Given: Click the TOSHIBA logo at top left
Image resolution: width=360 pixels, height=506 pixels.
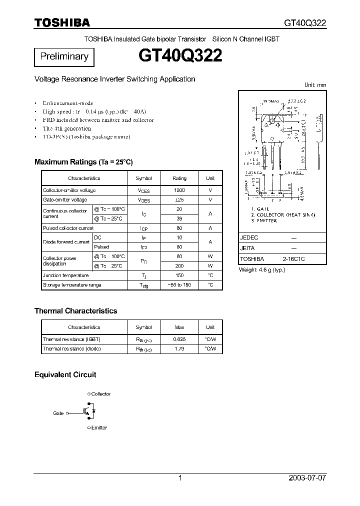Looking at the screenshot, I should pyautogui.click(x=62, y=22).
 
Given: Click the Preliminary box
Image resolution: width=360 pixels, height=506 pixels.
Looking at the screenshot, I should pyautogui.click(x=64, y=57).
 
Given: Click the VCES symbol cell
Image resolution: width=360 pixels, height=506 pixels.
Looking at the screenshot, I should pyautogui.click(x=143, y=190).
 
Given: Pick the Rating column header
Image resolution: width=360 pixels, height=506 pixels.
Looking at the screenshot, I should pyautogui.click(x=179, y=178).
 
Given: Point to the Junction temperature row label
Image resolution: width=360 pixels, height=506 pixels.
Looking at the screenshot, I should pyautogui.click(x=65, y=275).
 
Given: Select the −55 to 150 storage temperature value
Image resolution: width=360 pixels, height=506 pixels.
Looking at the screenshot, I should pyautogui.click(x=179, y=285).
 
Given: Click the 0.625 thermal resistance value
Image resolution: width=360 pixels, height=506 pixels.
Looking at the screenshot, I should pyautogui.click(x=179, y=339).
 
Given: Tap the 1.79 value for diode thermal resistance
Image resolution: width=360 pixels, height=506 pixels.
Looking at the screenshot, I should pyautogui.click(x=179, y=348).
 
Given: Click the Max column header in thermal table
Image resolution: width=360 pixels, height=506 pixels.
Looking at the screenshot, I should pyautogui.click(x=179, y=327).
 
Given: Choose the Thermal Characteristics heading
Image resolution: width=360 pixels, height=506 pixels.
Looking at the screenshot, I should pyautogui.click(x=75, y=311).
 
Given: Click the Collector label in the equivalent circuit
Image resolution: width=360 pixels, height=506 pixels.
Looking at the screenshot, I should pyautogui.click(x=100, y=394).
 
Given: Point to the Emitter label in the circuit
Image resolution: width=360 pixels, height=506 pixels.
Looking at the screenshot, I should pyautogui.click(x=99, y=428).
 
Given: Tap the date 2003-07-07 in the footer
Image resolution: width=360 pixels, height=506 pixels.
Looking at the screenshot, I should pyautogui.click(x=307, y=478).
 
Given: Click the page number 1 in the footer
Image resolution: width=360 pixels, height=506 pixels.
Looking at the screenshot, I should pyautogui.click(x=180, y=478).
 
